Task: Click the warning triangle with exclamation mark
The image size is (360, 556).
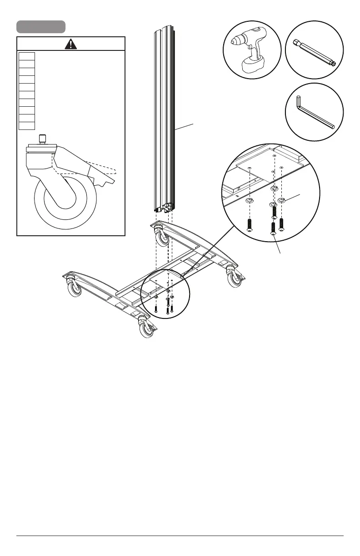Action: coord(70,44)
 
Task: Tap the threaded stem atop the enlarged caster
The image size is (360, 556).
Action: coord(43,138)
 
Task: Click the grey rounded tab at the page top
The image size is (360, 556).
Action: coord(41,27)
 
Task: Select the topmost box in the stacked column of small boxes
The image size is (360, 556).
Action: coord(27,56)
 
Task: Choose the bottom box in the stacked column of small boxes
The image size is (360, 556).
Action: coord(27,125)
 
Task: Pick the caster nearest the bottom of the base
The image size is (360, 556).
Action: coord(146,330)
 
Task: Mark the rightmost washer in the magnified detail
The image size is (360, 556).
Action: coord(281,200)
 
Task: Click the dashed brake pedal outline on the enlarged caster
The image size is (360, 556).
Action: coord(102,168)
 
